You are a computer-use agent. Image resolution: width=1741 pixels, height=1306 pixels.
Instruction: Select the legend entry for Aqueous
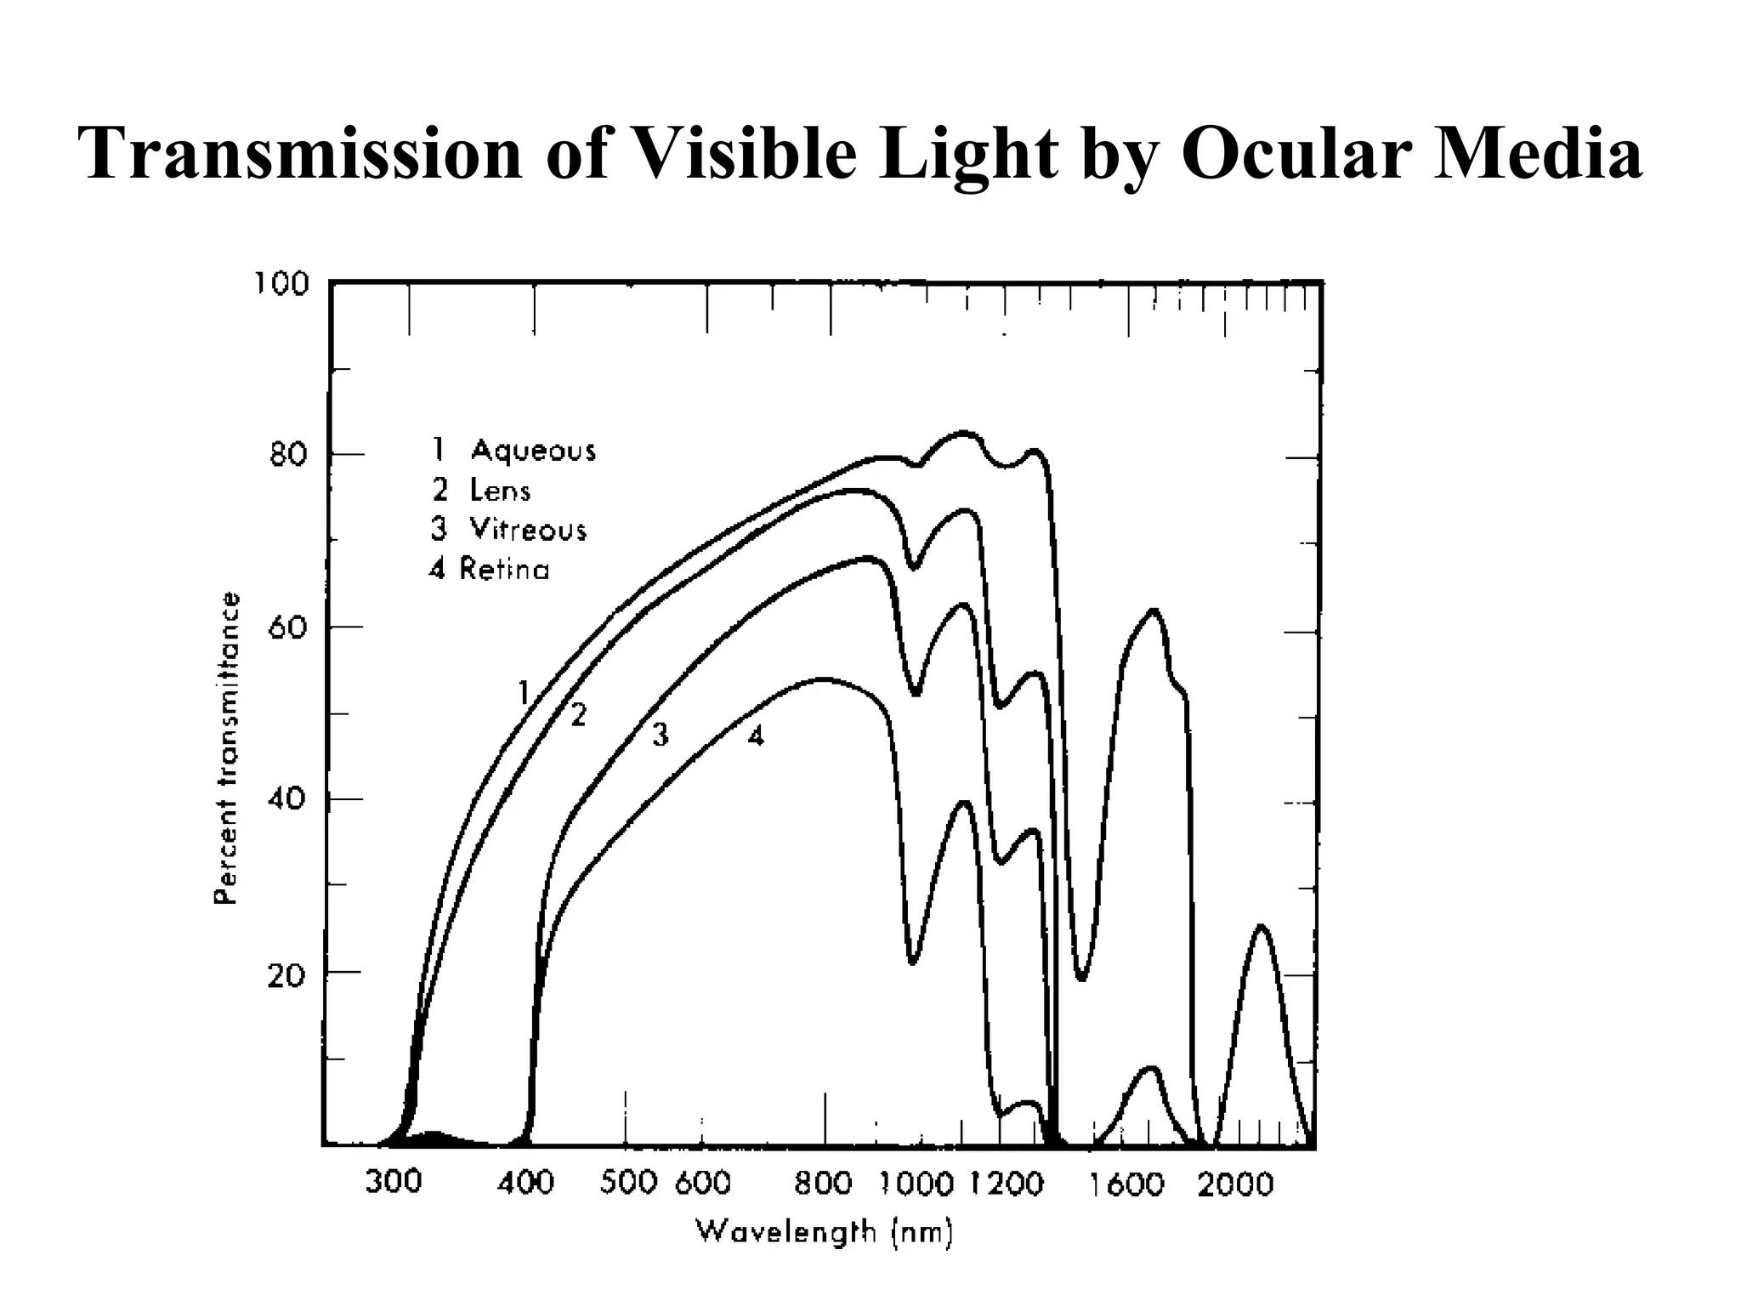515,450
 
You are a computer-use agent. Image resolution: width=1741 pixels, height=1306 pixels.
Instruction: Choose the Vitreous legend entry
509,529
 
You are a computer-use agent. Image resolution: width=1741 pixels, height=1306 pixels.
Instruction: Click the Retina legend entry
490,568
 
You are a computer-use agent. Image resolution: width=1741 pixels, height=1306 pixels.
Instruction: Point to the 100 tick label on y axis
281,283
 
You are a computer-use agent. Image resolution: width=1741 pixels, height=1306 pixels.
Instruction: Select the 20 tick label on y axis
286,975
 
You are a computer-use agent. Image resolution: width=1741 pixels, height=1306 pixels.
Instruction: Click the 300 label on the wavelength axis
393,1182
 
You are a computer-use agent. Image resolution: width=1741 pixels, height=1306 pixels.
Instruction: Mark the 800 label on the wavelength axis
823,1183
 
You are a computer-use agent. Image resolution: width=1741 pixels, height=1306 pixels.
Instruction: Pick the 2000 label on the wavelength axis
1235,1184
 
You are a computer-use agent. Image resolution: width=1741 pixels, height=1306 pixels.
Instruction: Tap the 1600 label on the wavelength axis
1127,1184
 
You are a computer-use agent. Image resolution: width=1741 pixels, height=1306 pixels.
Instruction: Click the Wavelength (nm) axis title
825,1231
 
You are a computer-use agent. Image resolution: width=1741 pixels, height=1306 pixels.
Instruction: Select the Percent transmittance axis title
224,748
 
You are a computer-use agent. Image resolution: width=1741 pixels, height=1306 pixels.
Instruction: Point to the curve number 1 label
524,693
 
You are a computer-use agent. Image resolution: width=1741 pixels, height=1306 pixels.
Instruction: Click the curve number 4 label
756,735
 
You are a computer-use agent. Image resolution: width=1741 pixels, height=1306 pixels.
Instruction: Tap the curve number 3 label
661,734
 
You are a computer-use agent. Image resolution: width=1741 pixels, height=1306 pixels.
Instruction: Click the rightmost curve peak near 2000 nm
1262,927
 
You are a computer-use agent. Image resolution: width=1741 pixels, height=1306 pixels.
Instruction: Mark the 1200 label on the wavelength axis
1007,1184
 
